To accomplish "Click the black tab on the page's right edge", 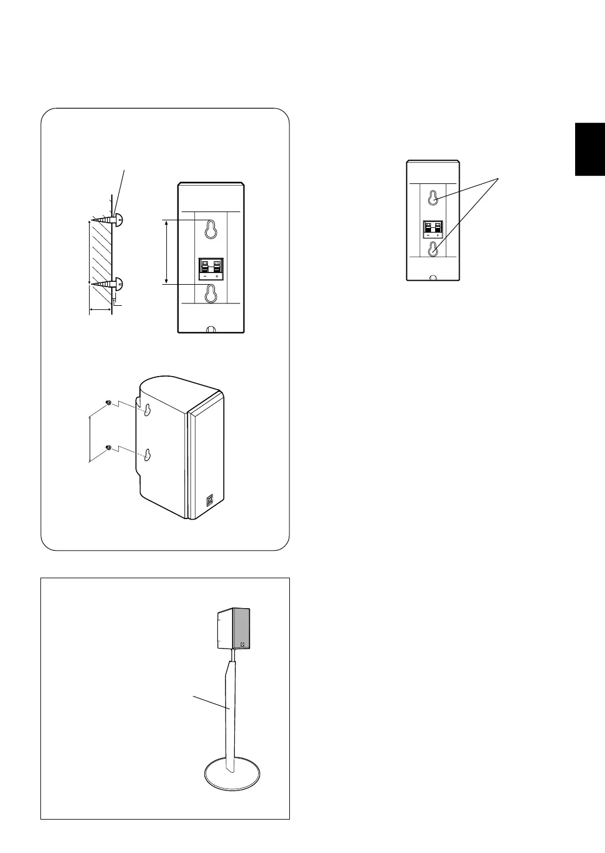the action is (590, 149).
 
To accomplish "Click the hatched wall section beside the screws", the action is (100, 252).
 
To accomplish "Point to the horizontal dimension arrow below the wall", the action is (100, 309).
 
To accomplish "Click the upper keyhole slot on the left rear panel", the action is (210, 230).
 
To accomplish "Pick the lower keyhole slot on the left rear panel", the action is (210, 295).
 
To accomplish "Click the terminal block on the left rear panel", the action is (210, 267).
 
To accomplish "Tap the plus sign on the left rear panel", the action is (217, 277).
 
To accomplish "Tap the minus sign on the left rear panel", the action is (203, 277).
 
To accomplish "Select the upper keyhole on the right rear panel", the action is (432, 198).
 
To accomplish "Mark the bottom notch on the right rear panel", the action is (432, 278).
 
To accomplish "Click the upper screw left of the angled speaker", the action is (108, 402).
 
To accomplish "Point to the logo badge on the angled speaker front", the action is (210, 501).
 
